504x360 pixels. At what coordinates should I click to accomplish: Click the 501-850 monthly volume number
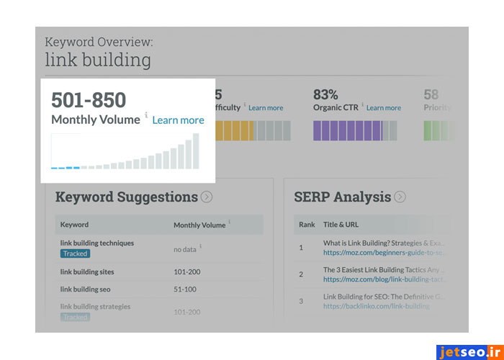89,99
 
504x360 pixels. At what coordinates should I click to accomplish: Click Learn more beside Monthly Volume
178,120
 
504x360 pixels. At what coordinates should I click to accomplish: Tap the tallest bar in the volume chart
195,150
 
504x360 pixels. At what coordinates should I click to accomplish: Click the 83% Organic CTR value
325,94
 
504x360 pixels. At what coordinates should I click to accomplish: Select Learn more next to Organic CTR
384,108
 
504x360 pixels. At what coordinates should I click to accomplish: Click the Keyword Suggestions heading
126,197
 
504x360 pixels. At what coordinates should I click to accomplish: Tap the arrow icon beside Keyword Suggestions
207,197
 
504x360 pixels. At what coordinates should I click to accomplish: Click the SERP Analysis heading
342,197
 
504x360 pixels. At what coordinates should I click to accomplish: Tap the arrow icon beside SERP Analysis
400,197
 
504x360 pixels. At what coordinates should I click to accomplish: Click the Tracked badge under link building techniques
75,253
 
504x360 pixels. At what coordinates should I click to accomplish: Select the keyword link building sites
87,271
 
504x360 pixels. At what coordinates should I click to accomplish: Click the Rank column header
307,225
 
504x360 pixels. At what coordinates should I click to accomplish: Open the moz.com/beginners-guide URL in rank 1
385,253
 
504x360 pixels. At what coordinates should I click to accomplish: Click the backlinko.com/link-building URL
376,306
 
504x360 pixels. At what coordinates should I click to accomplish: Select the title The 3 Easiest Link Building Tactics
385,270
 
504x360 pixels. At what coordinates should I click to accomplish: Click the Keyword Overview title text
99,42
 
